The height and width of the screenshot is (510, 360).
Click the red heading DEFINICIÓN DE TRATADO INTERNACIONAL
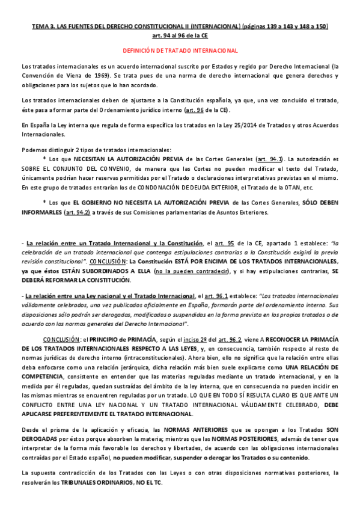click(180, 51)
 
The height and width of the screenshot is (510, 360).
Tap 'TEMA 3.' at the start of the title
click(43, 27)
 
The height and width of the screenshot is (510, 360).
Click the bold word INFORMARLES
click(41, 212)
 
